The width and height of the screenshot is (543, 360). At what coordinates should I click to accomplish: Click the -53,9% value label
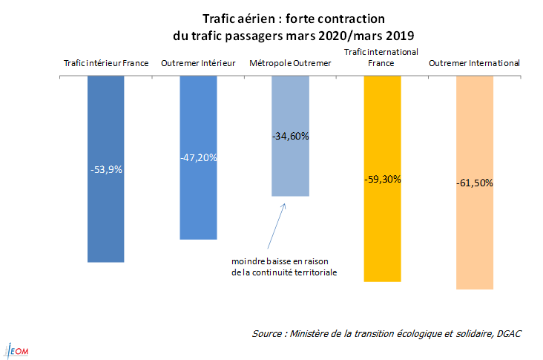(106, 169)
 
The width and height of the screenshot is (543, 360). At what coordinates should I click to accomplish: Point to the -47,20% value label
(198, 158)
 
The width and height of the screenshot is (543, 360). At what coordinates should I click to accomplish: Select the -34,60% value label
(290, 136)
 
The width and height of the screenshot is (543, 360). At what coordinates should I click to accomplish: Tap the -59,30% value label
(382, 179)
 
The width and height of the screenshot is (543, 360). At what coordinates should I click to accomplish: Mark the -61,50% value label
(475, 183)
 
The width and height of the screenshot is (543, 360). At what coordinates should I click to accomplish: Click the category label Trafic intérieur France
(106, 64)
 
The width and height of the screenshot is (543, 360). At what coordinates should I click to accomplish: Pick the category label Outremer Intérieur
(198, 64)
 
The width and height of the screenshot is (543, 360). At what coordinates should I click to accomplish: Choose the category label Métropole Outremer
(290, 64)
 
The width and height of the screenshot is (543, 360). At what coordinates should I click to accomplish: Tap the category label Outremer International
(475, 64)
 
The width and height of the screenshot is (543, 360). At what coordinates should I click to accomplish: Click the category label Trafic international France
(382, 58)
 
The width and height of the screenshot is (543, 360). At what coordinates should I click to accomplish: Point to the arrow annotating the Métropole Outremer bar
(274, 226)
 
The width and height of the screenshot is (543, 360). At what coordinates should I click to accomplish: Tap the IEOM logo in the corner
(16, 350)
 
